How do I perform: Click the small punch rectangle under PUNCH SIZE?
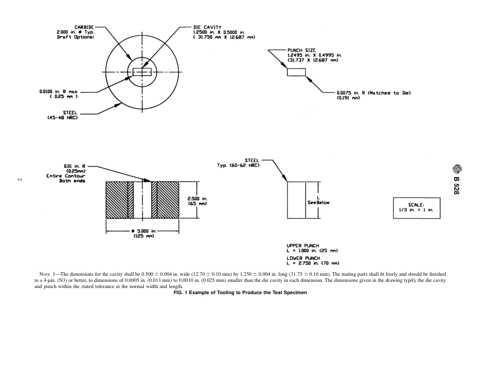tap(296, 72)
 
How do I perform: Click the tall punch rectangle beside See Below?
tap(296, 199)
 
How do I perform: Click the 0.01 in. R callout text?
tap(75, 166)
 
